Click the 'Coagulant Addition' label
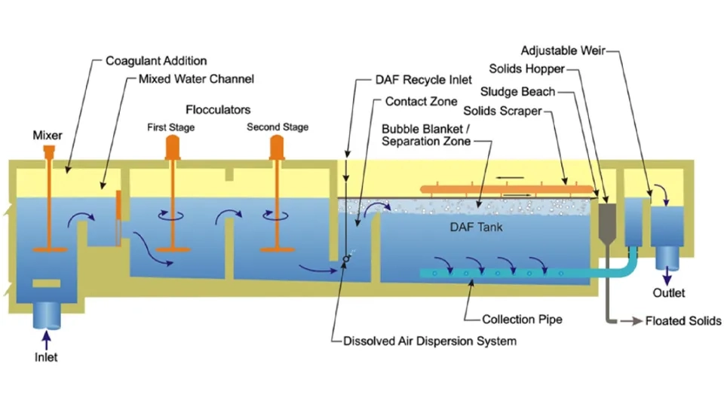pos(156,61)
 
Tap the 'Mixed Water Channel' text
pos(196,79)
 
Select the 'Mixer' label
pos(48,136)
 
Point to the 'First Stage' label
pos(170,127)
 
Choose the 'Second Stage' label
pos(278,127)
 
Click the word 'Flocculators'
pos(218,110)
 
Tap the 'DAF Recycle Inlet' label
pos(423,79)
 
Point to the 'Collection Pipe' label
pos(523,320)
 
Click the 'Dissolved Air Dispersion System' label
pos(430,341)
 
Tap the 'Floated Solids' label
pos(683,321)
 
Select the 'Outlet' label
pos(670,292)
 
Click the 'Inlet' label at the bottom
pos(46,356)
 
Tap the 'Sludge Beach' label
pos(520,92)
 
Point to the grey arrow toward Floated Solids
pos(628,321)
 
